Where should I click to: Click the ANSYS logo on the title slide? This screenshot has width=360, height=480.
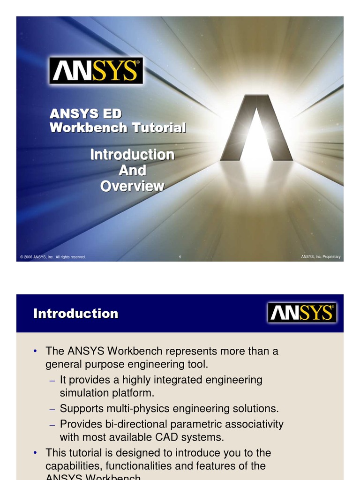[96, 71]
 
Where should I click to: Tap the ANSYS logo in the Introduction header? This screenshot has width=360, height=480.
[302, 313]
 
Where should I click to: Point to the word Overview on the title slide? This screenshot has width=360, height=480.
[132, 186]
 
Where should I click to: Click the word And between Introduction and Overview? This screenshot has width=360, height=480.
[132, 170]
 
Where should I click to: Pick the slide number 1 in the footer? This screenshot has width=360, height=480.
[180, 257]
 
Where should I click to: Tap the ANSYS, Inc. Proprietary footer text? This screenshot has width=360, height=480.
[321, 256]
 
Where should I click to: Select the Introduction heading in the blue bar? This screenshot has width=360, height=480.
[76, 314]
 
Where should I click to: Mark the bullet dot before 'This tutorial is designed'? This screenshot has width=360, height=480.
[35, 453]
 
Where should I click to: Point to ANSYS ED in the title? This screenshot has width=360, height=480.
[86, 113]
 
